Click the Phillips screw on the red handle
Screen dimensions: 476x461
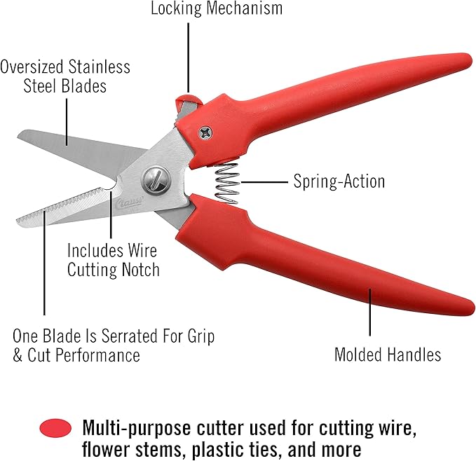(205, 132)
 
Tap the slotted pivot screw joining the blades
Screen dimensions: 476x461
(156, 180)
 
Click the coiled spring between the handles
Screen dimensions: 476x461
(226, 183)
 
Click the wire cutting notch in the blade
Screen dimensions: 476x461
(111, 186)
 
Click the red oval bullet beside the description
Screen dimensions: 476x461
(55, 428)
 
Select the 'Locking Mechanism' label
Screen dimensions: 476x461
(217, 8)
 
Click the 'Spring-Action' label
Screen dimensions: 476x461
(339, 181)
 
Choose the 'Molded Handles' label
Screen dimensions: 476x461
(388, 355)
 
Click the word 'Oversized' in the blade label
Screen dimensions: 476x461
(32, 67)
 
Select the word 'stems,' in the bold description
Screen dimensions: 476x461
(161, 450)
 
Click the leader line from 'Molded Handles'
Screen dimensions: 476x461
(370, 312)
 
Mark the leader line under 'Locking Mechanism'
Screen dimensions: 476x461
(188, 57)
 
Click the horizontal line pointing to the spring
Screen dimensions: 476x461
(264, 182)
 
